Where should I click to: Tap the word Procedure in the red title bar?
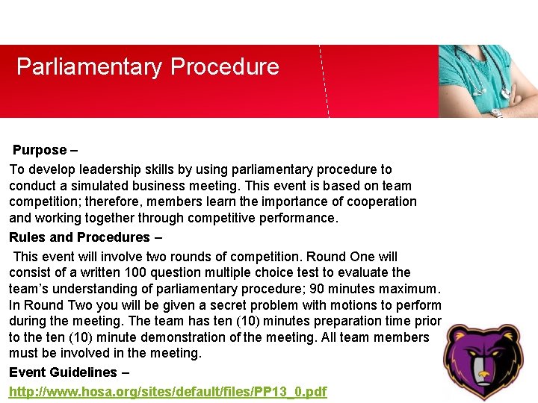click(225, 67)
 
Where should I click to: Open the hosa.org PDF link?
click(167, 392)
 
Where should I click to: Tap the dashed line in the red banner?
click(324, 82)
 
